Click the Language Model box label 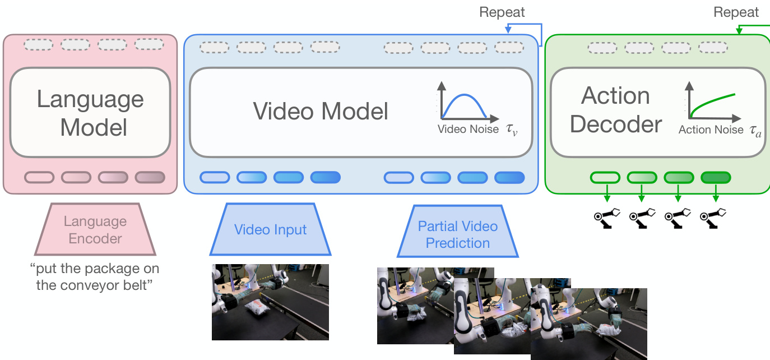coord(90,113)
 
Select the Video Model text coord(321,111)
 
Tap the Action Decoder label coord(615,110)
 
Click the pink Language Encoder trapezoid coord(95,229)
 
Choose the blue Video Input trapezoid coord(270,229)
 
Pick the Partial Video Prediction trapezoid coord(457,234)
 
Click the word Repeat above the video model coord(502,12)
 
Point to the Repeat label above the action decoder coord(736,12)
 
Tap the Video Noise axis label coord(468,129)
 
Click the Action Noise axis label coord(711,130)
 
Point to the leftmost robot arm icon coord(605,217)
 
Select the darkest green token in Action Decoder coord(716,178)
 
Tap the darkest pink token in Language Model coord(150,177)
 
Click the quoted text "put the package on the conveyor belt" coord(95,276)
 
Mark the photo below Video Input coord(270,302)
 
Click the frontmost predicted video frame coord(588,324)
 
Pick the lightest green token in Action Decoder coord(605,178)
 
